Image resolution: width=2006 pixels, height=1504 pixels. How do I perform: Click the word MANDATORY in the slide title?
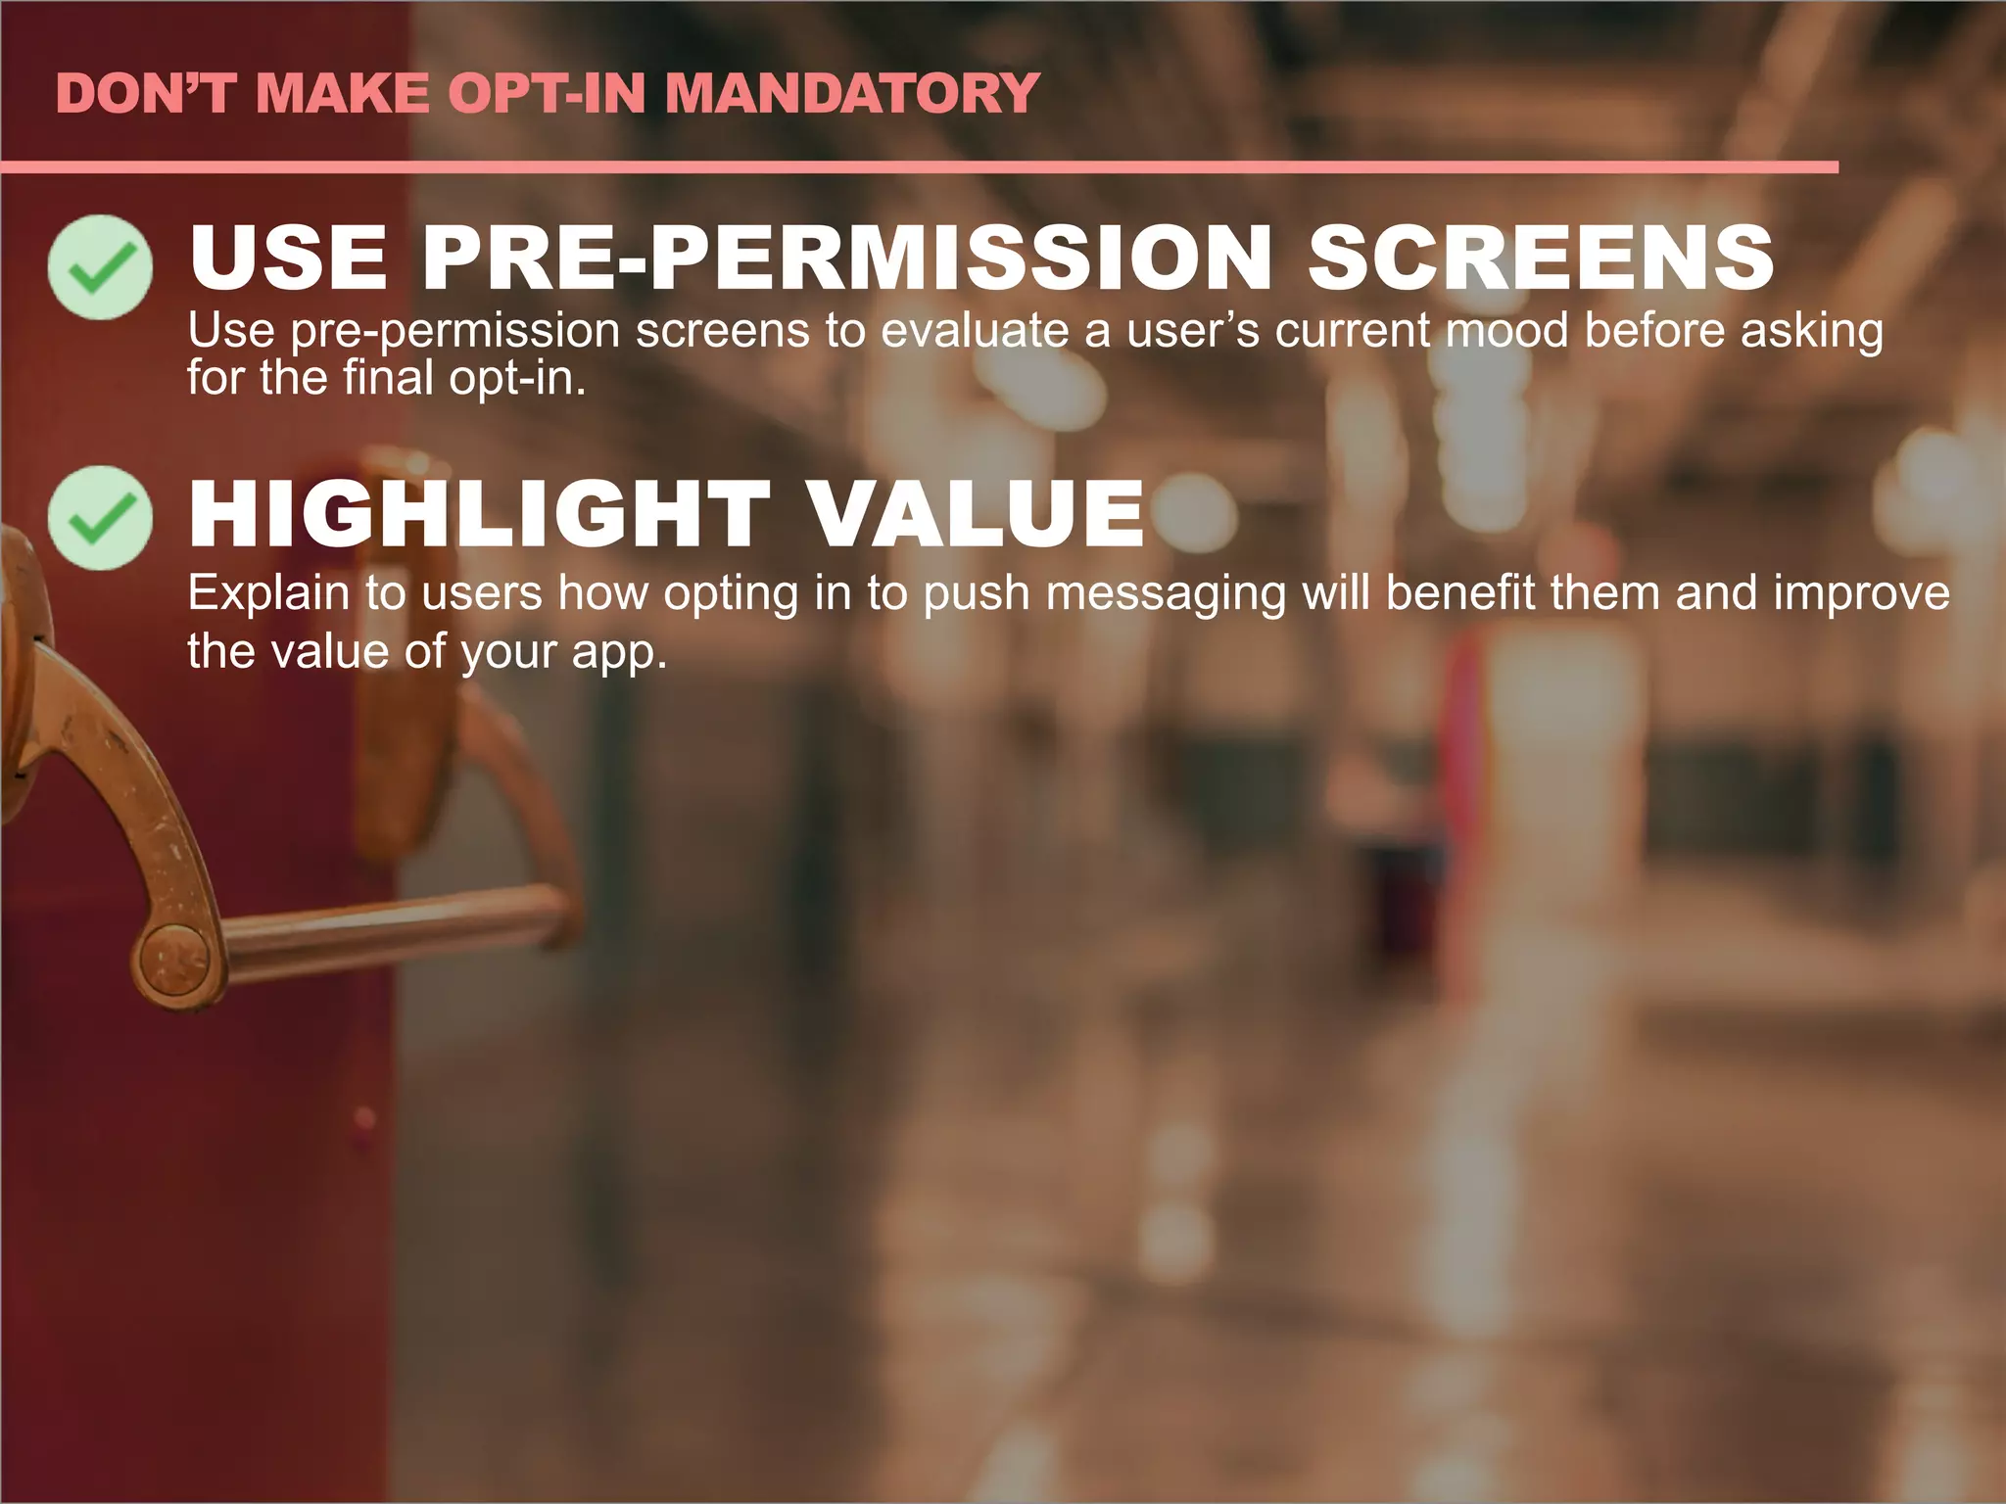(851, 94)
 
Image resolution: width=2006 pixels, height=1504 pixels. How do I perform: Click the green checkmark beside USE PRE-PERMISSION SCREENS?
(100, 266)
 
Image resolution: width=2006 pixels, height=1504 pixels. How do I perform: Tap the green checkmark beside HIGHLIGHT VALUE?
(100, 518)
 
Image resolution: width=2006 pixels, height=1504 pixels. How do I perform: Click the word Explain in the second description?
(268, 593)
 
